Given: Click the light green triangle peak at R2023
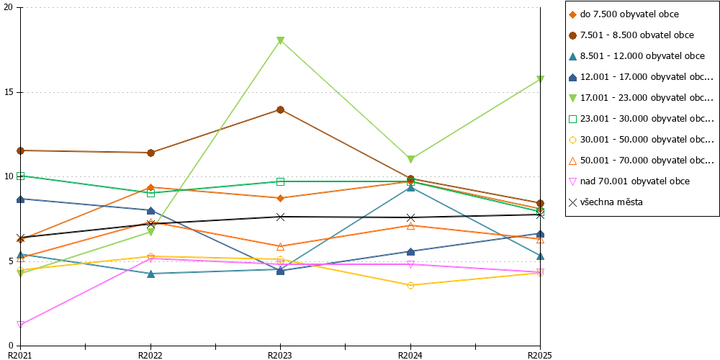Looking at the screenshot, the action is pos(281,40).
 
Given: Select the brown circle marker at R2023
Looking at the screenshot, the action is pos(281,109).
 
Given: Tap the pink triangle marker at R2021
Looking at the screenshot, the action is pos(21,325).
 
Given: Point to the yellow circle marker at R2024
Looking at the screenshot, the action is pos(410,286).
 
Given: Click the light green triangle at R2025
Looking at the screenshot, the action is pos(541,79).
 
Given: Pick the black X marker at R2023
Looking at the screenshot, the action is pos(281,217).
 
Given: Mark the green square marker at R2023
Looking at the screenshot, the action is pos(281,182).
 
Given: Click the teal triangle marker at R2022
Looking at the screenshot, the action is pos(150,274).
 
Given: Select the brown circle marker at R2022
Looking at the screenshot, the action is pos(150,153).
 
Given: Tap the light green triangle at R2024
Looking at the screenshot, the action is pos(410,159).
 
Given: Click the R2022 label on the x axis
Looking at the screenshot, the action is pos(150,355).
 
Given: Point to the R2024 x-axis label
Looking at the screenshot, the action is pos(410,355).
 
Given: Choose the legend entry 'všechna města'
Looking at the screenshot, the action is pos(606,202).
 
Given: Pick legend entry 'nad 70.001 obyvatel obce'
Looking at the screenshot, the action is pos(629,181).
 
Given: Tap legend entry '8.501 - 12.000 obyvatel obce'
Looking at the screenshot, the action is pos(636,56).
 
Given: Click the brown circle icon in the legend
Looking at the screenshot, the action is pos(572,35).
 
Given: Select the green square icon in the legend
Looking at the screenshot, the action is pos(572,119).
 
